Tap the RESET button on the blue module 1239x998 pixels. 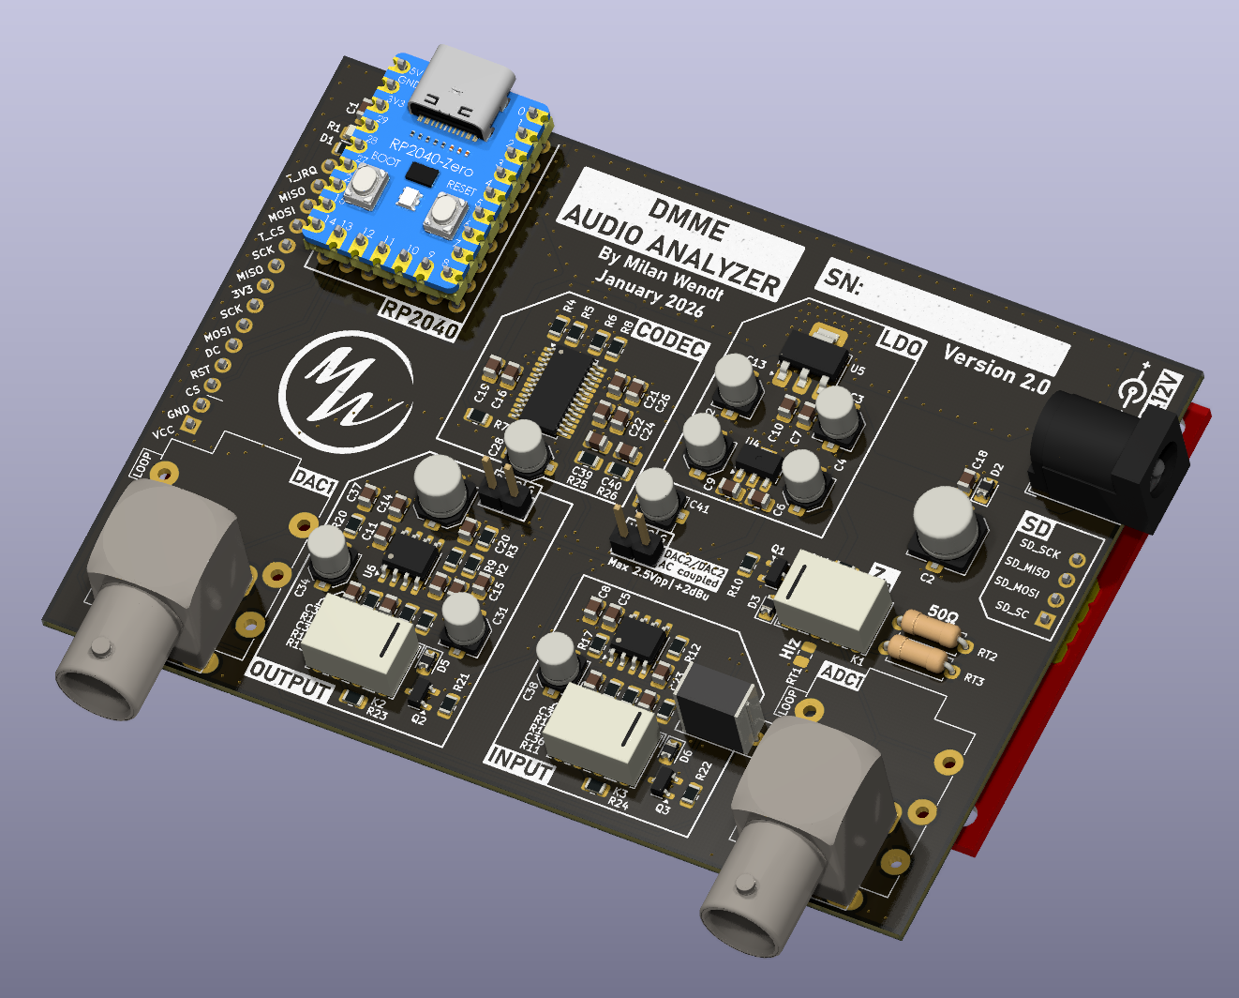[441, 215]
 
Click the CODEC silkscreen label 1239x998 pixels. [669, 340]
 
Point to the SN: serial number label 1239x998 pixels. [843, 280]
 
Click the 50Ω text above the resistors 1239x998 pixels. [942, 613]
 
